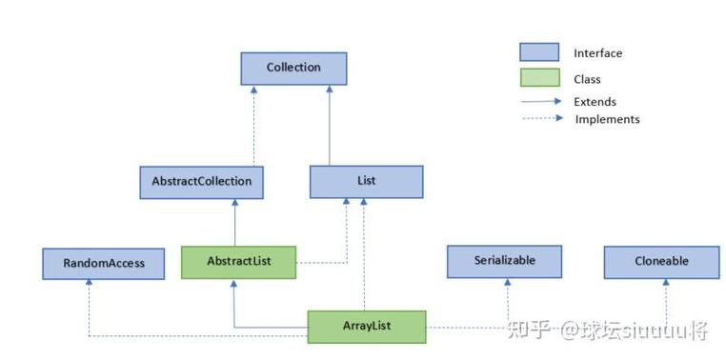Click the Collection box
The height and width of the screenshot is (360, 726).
tap(293, 69)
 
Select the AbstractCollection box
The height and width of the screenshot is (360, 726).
tap(201, 181)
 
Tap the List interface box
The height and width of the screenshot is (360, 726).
tap(366, 181)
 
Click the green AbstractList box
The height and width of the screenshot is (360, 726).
tap(238, 262)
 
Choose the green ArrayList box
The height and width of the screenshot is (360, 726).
tap(366, 327)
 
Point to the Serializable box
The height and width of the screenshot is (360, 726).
tap(504, 261)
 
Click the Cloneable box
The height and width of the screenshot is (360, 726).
tap(661, 261)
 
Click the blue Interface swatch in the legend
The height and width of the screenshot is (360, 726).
tap(538, 52)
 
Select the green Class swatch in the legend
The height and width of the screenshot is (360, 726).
tap(538, 79)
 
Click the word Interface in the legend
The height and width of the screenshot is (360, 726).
tap(597, 53)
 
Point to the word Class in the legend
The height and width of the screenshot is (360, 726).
tap(587, 80)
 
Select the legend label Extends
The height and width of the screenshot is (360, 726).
tap(595, 102)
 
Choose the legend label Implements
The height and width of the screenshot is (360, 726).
tap(607, 119)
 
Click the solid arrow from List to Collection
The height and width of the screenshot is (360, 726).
tap(330, 124)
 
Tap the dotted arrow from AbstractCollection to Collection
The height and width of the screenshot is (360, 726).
tap(254, 124)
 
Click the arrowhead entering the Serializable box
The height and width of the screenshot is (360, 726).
tap(507, 283)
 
